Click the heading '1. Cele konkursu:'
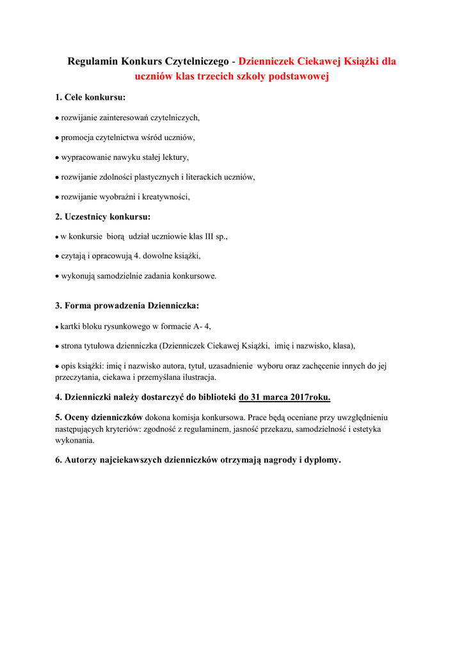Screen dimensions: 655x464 tap(90, 97)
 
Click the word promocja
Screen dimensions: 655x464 tap(77, 137)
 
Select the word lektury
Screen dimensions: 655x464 tap(176, 157)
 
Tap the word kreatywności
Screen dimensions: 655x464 tap(168, 196)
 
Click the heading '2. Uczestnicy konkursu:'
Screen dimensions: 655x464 tap(102, 217)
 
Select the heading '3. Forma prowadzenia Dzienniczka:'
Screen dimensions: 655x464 tap(127, 306)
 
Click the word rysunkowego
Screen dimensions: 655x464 tap(125, 326)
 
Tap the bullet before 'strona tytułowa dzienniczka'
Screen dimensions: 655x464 tap(57, 346)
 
